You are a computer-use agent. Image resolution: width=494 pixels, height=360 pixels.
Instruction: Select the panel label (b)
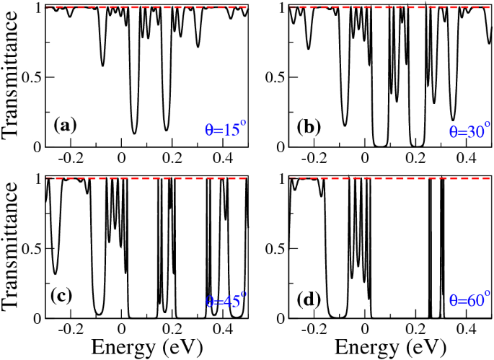[309, 126]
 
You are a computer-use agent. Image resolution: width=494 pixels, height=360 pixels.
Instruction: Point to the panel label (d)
[309, 297]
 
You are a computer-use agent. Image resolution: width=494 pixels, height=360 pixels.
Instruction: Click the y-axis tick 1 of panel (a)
[40, 7]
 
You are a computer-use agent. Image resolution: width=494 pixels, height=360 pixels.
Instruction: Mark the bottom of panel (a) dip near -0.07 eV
[103, 66]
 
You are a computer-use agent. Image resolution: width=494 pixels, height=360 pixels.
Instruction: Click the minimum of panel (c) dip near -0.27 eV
[56, 273]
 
